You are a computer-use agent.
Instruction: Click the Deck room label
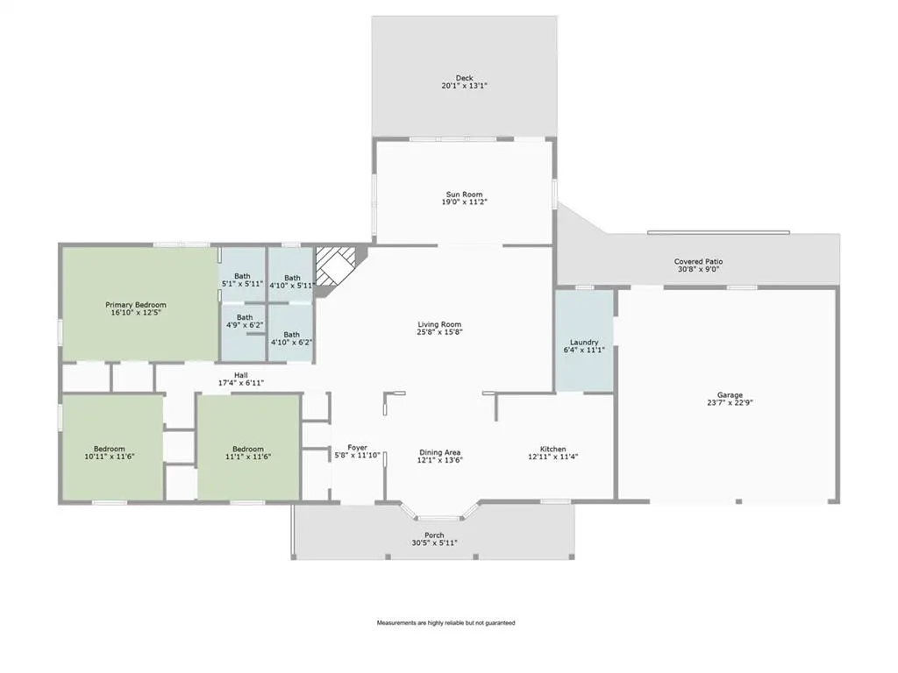[465, 78]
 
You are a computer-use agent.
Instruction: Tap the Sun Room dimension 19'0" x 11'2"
[465, 202]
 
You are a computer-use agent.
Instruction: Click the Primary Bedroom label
[136, 305]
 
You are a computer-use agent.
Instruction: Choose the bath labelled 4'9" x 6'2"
[244, 332]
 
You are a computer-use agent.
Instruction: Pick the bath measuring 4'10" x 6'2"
[291, 332]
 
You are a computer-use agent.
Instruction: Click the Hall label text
[241, 375]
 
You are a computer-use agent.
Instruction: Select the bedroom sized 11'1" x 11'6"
[248, 448]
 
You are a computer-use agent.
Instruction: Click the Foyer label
[358, 448]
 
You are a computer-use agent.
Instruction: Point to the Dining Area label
[440, 453]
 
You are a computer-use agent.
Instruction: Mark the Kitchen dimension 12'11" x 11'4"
[553, 457]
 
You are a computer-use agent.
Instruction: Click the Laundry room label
[584, 343]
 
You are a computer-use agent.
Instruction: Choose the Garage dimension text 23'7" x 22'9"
[731, 402]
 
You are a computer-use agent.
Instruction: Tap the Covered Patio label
[699, 261]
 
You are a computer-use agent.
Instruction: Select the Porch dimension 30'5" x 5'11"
[435, 543]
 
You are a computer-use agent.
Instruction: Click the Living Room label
[440, 324]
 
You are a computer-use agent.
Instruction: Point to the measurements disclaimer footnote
[445, 623]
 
